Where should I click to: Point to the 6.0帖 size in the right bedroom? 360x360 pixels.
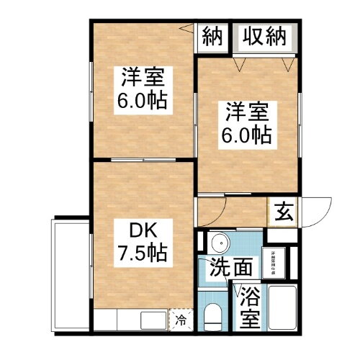click(249, 135)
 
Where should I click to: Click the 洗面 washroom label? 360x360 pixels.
click(230, 268)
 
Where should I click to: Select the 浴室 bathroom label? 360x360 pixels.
click(249, 307)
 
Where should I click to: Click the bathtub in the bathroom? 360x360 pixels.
click(284, 308)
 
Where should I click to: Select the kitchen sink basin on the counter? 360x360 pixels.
click(151, 319)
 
